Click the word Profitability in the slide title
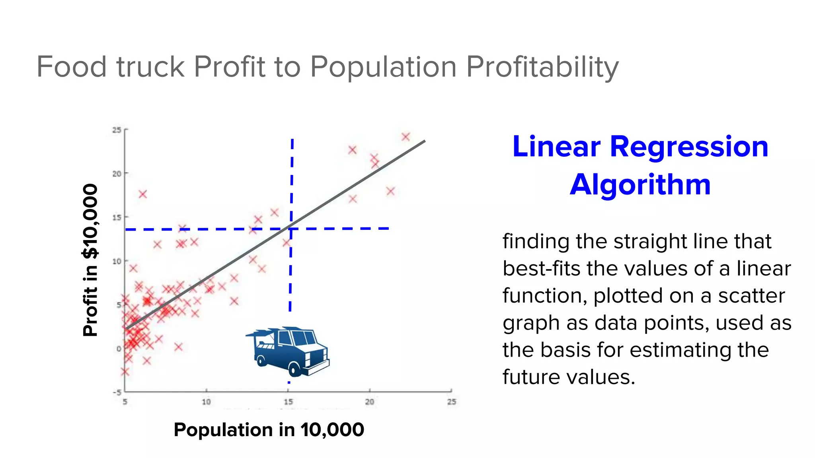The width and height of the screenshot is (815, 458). click(x=542, y=67)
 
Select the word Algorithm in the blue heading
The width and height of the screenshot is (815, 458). click(x=640, y=185)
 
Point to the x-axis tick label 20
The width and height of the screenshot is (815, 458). click(x=370, y=402)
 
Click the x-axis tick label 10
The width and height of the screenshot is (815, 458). click(x=206, y=402)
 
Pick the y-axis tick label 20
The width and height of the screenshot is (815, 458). click(x=117, y=174)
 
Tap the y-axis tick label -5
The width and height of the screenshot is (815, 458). click(x=117, y=392)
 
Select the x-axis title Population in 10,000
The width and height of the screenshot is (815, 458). click(x=269, y=430)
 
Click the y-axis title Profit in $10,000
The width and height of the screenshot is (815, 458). click(x=90, y=260)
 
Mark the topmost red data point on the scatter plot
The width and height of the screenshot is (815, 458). click(x=406, y=137)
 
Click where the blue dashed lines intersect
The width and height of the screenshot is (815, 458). click(x=291, y=229)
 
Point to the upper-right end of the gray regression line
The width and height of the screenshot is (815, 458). click(x=424, y=141)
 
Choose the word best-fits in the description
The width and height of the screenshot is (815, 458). click(x=541, y=269)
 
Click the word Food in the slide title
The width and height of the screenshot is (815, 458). click(x=72, y=67)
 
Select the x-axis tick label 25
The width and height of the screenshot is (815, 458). click(x=451, y=402)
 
